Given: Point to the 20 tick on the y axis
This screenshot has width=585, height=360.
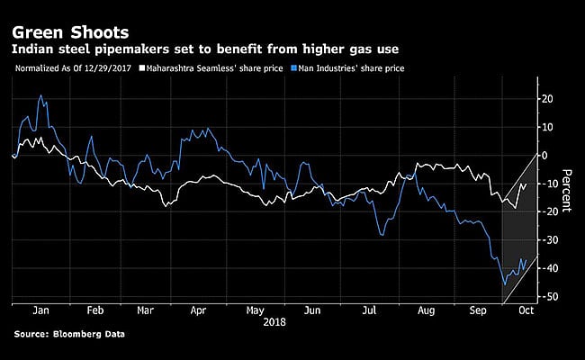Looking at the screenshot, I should coord(545,98).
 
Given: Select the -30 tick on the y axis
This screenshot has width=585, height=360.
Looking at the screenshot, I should coord(545,240).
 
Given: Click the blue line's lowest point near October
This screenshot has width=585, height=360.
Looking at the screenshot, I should coord(503,285).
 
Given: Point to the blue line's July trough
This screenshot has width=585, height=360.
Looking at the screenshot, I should coord(382,235).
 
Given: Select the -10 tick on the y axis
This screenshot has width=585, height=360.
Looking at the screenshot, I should coord(545,184).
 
